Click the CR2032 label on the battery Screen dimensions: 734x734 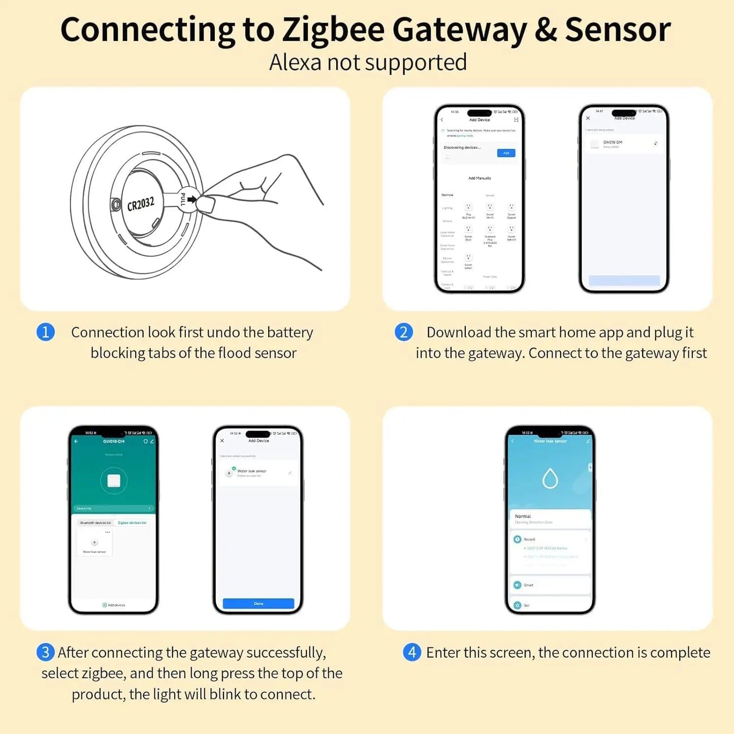[140, 203]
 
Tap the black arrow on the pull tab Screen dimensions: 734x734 [192, 200]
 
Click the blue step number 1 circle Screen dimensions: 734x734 [46, 332]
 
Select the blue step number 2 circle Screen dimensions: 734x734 [404, 332]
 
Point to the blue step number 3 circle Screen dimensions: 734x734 [46, 652]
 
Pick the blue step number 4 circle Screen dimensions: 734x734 [412, 652]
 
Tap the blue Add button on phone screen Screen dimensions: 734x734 [506, 153]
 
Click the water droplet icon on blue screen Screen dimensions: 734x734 [550, 478]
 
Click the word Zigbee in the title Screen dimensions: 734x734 [333, 29]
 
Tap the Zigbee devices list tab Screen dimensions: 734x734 [132, 523]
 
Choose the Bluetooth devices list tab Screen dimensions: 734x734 [95, 523]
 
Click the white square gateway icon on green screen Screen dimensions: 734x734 [114, 481]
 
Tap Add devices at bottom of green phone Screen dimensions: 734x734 [114, 605]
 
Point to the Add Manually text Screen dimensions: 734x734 [480, 178]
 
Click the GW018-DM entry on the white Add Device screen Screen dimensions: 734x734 [613, 143]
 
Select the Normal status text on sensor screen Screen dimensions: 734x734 [523, 516]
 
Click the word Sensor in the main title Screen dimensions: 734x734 [618, 29]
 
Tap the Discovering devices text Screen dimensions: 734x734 [462, 147]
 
